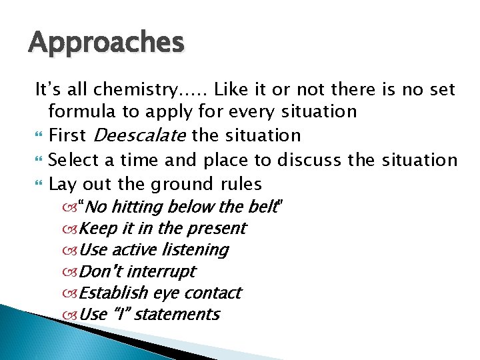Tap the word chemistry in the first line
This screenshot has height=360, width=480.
coord(125,89)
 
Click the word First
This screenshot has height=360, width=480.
coord(67,135)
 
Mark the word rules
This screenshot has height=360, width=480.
coord(239,183)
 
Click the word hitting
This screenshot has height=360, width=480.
coord(139,207)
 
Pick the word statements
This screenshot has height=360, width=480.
coord(177,315)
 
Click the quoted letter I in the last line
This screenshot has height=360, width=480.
coord(121,314)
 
